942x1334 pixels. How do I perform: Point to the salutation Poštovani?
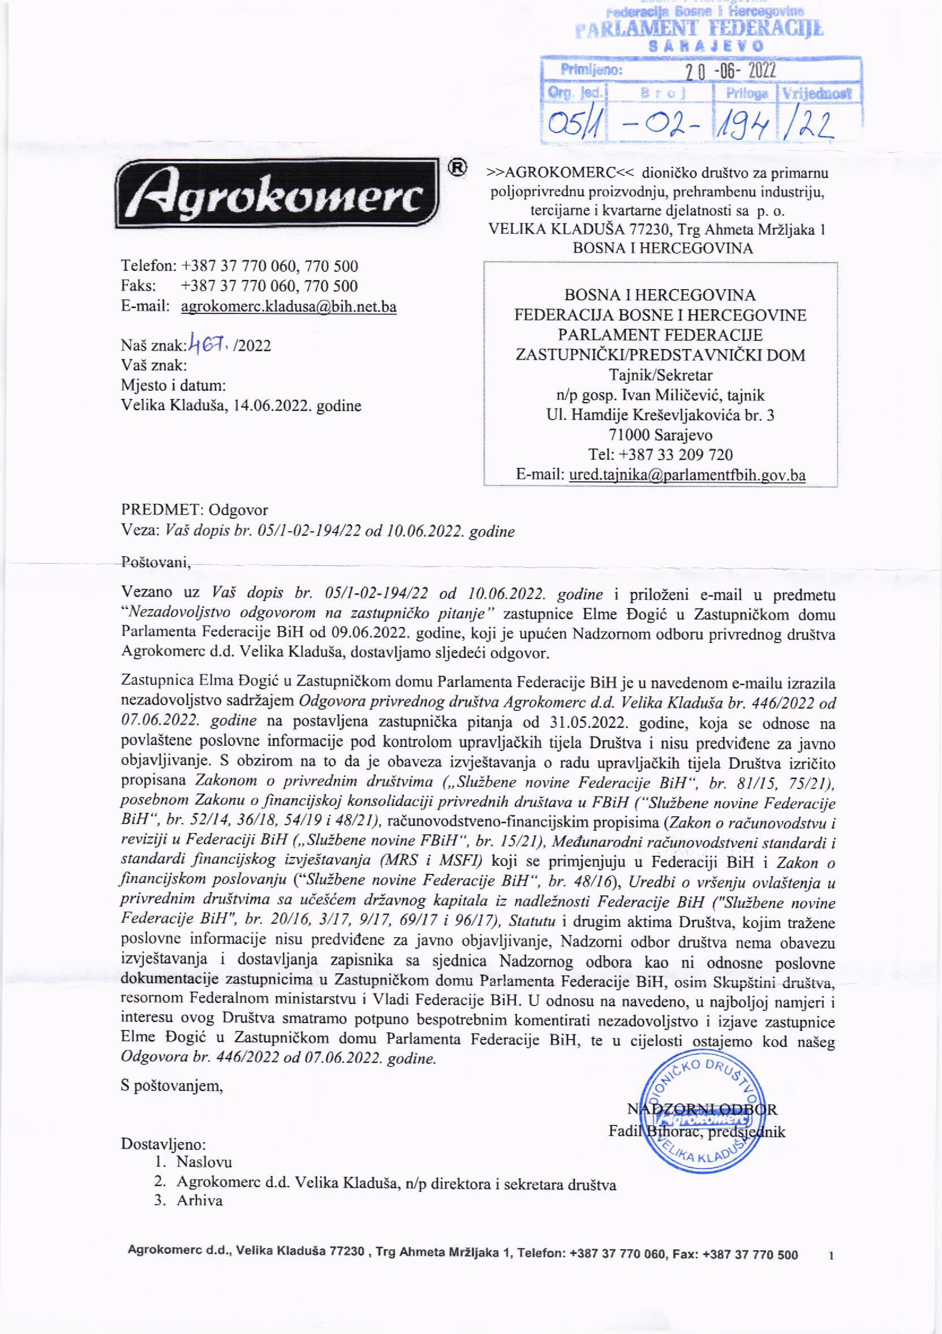pos(155,563)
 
